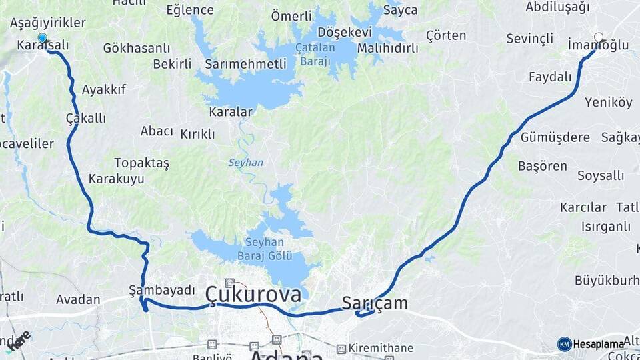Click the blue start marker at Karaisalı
(43, 38)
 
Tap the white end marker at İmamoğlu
(598, 38)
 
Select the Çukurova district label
(253, 293)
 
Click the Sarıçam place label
(374, 303)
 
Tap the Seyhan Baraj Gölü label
(265, 249)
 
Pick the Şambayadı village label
(162, 290)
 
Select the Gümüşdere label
(555, 137)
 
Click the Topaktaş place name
(141, 163)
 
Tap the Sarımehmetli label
(245, 64)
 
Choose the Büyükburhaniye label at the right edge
(606, 280)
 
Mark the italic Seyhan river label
(245, 163)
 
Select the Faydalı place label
(550, 77)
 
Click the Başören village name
(542, 166)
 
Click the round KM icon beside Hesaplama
(564, 344)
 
